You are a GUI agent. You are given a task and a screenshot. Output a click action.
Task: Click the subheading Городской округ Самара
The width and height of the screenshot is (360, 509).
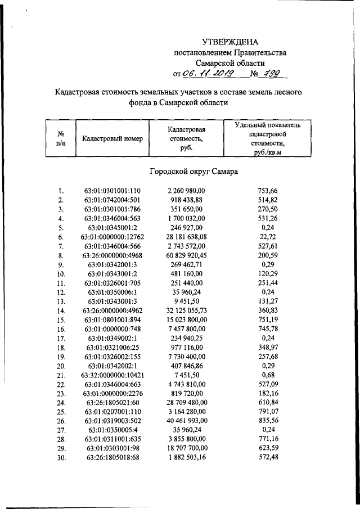coord(194,171)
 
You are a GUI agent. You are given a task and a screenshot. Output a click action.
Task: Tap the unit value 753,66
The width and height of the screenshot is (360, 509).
coord(266,191)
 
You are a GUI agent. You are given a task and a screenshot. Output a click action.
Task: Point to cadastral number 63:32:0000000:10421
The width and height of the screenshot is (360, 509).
coord(112,375)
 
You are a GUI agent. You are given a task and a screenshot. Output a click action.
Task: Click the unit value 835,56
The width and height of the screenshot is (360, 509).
coord(266,420)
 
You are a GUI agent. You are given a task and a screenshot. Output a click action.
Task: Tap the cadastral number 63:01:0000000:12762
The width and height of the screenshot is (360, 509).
coord(112,237)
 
